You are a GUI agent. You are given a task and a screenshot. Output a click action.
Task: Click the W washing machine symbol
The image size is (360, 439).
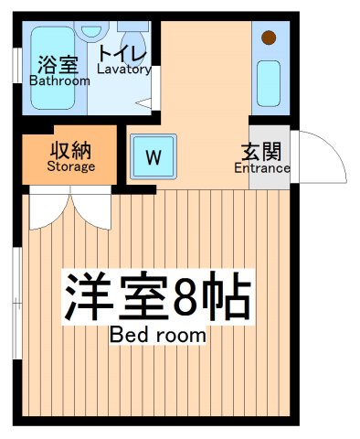pos(153,156)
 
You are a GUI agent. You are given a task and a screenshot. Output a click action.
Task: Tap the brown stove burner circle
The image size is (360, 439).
pos(269,38)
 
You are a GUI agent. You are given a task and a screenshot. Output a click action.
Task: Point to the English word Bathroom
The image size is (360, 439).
pos(60,80)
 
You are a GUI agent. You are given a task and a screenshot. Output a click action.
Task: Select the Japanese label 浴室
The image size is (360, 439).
pos(57,64)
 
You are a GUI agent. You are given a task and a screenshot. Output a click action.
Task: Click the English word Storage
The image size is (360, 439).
pos(70,166)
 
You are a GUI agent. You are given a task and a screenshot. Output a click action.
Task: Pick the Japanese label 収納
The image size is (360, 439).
pos(70,150)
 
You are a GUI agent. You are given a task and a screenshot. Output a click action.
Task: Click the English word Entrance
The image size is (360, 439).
pos(262,167)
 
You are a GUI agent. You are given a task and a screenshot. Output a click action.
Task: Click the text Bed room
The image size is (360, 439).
pos(158,335)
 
